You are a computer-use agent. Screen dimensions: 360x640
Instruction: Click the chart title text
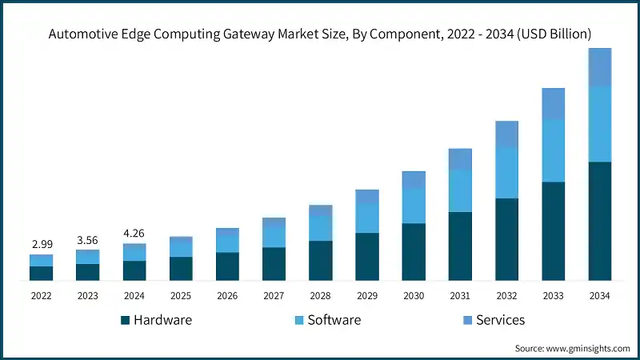coord(320,34)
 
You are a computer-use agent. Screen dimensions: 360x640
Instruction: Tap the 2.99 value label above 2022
coord(41,243)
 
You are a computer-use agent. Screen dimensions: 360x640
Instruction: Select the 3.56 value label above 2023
coord(87,238)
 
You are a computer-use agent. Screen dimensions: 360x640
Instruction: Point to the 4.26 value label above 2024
coord(134,234)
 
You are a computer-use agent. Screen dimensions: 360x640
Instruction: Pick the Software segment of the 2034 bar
coord(599,124)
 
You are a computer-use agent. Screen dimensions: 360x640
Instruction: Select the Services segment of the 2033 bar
coord(553,104)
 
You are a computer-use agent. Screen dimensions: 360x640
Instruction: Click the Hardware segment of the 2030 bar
coord(413,252)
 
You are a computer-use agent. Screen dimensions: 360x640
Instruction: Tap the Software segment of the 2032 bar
coord(506,172)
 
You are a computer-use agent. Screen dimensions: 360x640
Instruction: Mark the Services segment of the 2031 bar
coord(459,159)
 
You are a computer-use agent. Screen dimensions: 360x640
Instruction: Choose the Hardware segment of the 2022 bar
coord(41,273)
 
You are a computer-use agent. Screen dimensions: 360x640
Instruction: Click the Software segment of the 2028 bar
coord(320,228)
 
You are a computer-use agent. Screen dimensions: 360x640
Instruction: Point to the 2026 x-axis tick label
coord(227,295)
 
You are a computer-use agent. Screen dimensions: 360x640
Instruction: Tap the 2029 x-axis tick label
coord(366,295)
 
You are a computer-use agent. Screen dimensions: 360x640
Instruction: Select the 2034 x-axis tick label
coord(599,295)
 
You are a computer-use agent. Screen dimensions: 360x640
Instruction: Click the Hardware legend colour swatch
coord(125,320)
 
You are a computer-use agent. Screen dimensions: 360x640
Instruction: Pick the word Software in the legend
coord(334,320)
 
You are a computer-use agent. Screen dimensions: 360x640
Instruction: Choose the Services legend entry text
coord(500,320)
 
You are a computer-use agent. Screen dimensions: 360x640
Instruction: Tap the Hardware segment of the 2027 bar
coord(274,264)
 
